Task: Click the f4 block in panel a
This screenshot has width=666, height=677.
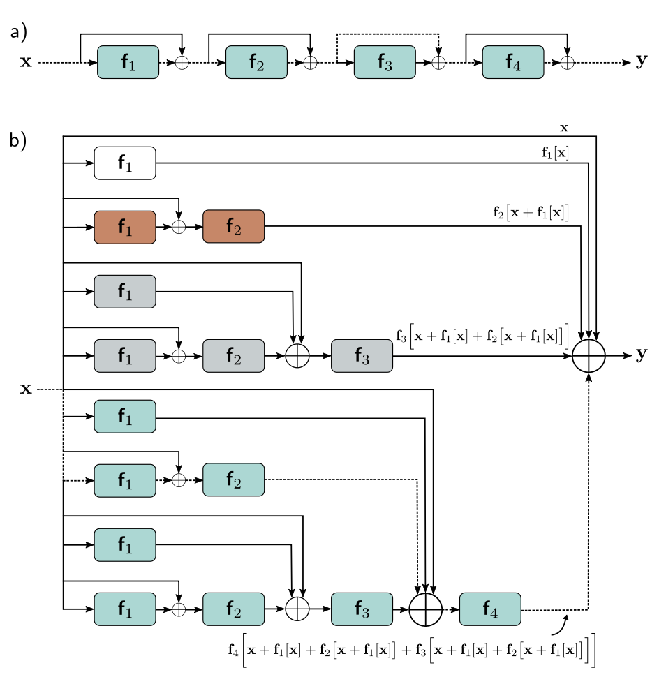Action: coord(513,62)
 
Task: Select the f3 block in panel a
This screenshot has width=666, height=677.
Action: coord(385,62)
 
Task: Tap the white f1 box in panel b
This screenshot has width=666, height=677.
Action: coord(125,163)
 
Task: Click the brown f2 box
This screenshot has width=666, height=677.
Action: coord(234,226)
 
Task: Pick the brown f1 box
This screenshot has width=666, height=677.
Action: coord(125,226)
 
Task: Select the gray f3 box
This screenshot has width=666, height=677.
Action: coord(362,356)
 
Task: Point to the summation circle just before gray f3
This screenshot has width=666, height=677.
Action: coord(298,356)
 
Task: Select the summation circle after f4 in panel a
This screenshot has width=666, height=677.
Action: coord(567,62)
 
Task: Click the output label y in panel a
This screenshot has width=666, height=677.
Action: coord(641,61)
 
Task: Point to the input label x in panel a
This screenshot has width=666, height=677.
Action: coord(26,62)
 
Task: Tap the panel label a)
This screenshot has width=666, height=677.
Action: coord(18,32)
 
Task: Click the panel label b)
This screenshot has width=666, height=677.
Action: coord(18,140)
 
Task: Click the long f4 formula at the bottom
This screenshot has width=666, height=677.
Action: coord(412,648)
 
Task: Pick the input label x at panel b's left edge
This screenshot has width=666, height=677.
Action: coord(26,389)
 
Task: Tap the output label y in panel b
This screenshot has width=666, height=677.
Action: coord(641,355)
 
